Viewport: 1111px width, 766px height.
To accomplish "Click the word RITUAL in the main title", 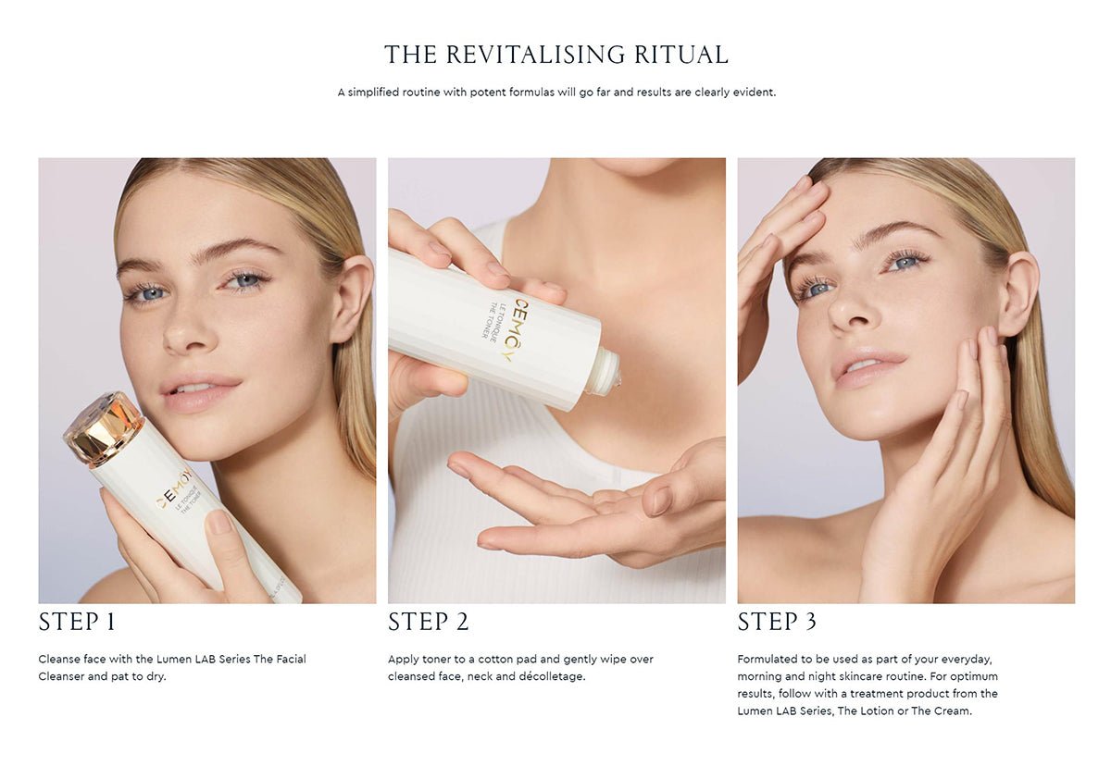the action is coord(681,55).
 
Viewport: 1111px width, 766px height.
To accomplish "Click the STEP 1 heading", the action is coord(77,622).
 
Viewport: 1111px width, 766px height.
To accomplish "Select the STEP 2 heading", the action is coord(428,622).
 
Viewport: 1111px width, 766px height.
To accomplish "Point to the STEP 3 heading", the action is coord(777,622).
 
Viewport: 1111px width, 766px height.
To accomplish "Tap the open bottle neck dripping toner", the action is coord(608,372).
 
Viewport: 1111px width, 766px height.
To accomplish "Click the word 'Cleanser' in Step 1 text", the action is coord(61,676).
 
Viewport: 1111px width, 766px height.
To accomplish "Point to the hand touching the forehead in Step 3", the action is coord(783,233).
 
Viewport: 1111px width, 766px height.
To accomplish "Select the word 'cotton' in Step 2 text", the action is coord(495,660).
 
